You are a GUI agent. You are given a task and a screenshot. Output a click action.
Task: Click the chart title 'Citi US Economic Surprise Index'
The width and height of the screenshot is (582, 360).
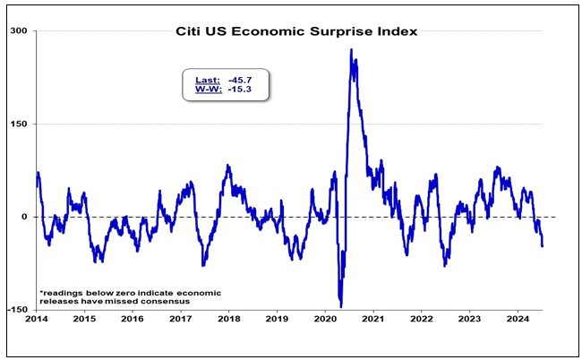295,31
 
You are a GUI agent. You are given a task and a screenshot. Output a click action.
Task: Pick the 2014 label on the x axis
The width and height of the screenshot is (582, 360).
37,319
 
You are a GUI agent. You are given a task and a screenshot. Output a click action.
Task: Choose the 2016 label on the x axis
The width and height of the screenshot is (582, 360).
132,319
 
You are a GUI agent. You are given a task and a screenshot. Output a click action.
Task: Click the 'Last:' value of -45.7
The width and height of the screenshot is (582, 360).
241,80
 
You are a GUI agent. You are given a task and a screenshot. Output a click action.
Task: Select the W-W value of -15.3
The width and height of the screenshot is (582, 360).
241,90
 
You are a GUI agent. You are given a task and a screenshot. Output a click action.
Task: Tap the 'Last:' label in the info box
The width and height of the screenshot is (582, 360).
208,80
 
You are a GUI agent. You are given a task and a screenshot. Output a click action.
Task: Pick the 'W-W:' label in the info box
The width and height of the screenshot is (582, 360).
207,90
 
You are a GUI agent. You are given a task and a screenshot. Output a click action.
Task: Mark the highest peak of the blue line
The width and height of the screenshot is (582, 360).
351,50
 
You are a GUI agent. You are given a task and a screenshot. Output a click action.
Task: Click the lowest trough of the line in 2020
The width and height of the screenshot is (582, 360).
340,306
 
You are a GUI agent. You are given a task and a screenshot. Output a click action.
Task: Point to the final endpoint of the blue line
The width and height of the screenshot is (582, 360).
542,244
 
